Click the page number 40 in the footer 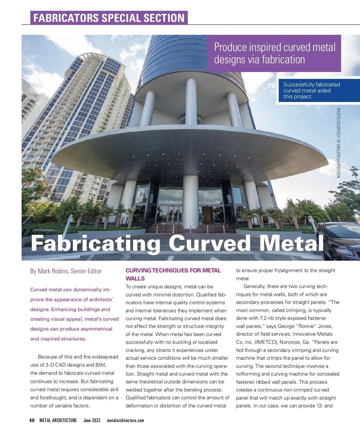tap(32, 420)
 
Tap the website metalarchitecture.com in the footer tap(125, 420)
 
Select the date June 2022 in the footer tap(92, 420)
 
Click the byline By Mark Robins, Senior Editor tap(66, 271)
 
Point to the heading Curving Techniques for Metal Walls tap(173, 274)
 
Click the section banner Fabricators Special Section tap(109, 18)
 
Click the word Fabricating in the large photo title tap(96, 244)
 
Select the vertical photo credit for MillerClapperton tap(338, 143)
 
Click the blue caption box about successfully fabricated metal tap(318, 91)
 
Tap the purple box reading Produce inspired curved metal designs tap(274, 53)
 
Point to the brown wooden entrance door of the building tap(207, 215)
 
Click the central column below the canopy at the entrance tap(190, 201)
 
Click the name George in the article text tap(277, 326)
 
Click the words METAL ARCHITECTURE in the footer tap(58, 420)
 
